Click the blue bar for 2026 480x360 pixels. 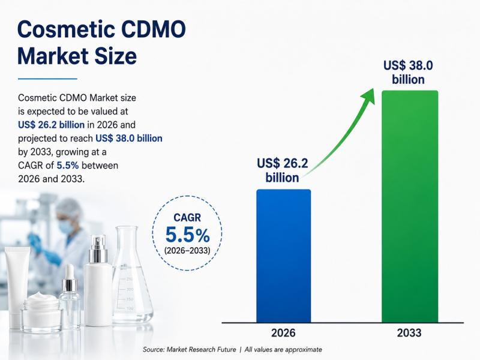[x=283, y=256]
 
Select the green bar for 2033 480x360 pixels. [x=410, y=206]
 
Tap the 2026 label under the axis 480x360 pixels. [x=283, y=333]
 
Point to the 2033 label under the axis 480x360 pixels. [x=409, y=333]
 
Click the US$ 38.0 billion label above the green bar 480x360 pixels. [x=408, y=73]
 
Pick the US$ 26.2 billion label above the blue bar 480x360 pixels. [x=282, y=170]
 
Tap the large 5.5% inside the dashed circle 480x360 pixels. [x=187, y=235]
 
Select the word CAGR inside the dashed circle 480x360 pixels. [x=187, y=218]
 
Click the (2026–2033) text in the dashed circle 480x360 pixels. [x=187, y=251]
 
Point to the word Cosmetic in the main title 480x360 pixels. [x=66, y=29]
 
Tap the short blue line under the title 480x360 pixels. [x=47, y=79]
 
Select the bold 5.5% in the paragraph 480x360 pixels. [x=68, y=166]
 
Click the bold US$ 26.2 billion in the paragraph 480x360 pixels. [x=51, y=125]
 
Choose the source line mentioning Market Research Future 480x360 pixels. [x=232, y=350]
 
